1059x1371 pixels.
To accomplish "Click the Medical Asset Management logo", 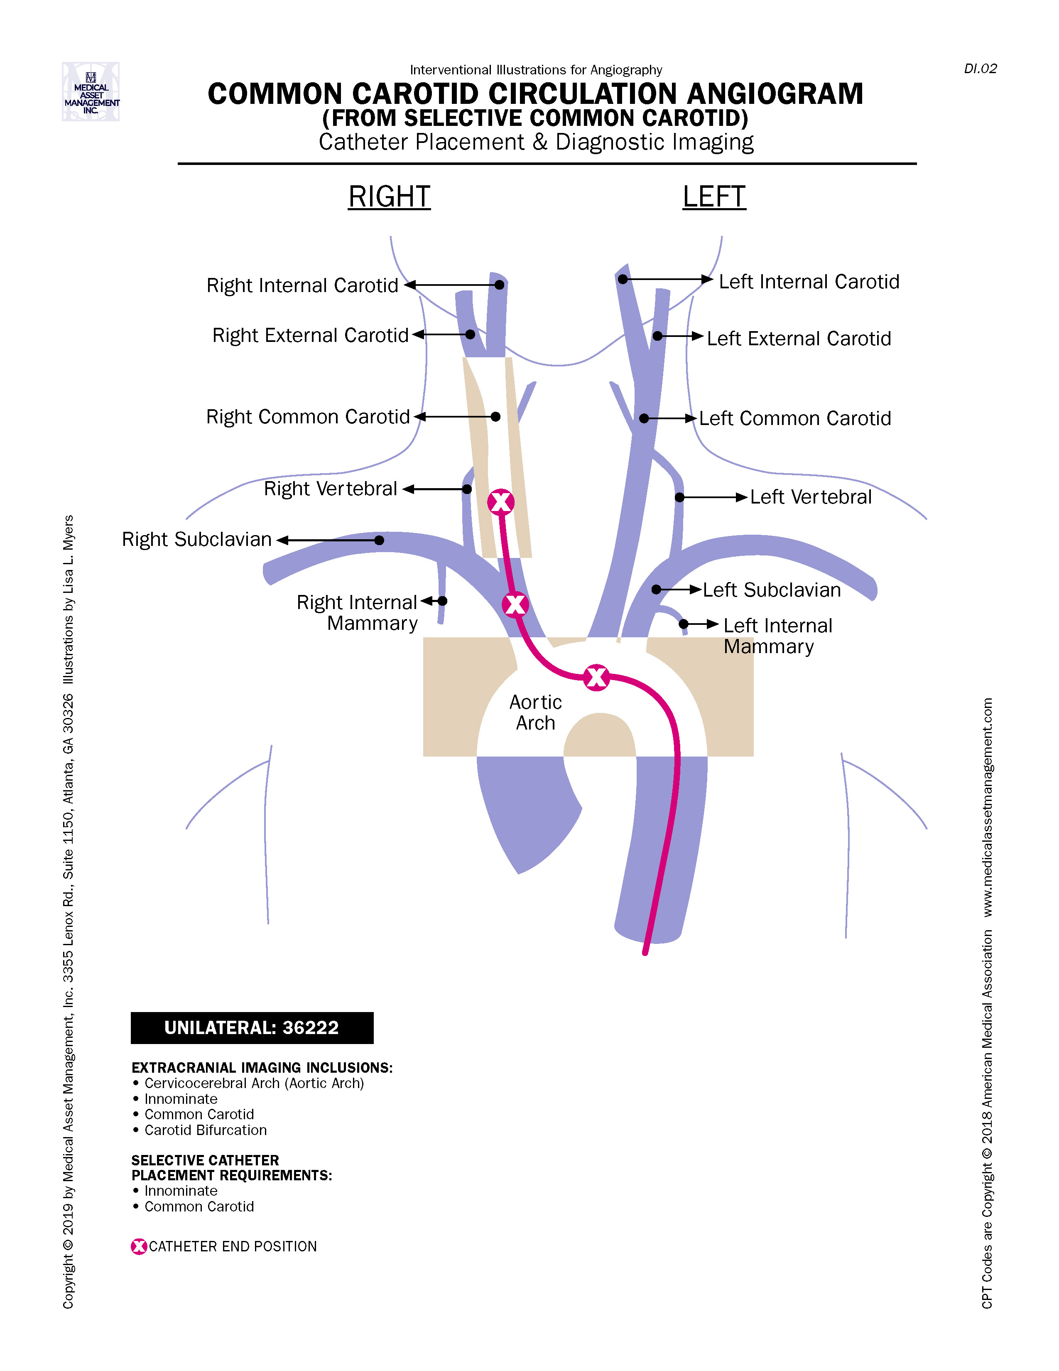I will tap(91, 92).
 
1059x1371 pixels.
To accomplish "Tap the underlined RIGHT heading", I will tap(389, 197).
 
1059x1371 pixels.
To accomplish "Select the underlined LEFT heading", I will tap(714, 197).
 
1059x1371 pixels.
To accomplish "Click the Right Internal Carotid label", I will tap(302, 286).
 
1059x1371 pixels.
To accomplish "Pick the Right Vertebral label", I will tap(330, 489).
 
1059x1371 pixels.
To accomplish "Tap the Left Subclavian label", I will tap(772, 590).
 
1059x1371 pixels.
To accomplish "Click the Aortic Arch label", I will tap(535, 713).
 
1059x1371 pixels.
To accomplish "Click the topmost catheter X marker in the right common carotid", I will tap(501, 501).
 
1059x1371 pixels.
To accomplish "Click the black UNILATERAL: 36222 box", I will tap(252, 1027).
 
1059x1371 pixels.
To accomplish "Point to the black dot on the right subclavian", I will tap(379, 540).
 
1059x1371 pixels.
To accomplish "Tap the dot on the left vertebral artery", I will tap(679, 497).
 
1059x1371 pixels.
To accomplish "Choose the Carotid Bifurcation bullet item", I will tap(205, 1130).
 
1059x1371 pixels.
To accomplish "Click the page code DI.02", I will tap(980, 69).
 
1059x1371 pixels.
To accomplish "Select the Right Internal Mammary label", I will tap(358, 613).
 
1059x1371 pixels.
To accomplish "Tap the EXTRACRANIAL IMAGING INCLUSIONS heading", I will tap(262, 1068).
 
